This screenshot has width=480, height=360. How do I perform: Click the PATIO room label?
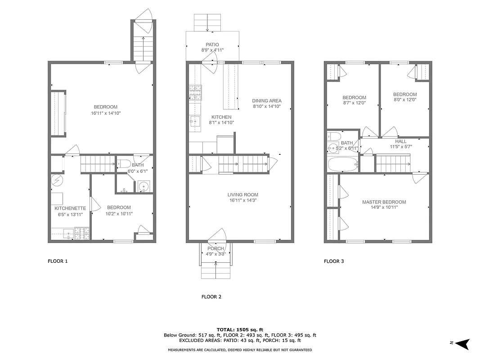[212, 45]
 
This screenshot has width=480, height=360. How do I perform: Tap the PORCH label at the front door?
[215, 249]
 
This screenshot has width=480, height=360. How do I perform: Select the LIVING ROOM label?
[242, 195]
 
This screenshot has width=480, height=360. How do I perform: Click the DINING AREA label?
[267, 101]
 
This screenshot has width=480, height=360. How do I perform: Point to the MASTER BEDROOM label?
[384, 202]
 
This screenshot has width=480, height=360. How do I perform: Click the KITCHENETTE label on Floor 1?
[70, 208]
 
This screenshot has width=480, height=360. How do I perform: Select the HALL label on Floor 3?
[400, 141]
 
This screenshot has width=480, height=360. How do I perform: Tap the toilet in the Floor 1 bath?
[124, 163]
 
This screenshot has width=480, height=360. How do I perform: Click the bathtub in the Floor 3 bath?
[343, 164]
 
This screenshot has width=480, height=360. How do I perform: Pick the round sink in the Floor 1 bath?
[144, 186]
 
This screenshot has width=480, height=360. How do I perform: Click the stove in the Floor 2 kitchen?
[195, 92]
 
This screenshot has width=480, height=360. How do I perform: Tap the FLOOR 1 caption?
[58, 261]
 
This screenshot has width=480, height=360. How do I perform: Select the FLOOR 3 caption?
[334, 261]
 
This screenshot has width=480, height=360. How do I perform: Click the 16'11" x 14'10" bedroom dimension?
[106, 113]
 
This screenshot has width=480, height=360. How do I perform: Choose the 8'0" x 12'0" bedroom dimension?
[405, 100]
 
